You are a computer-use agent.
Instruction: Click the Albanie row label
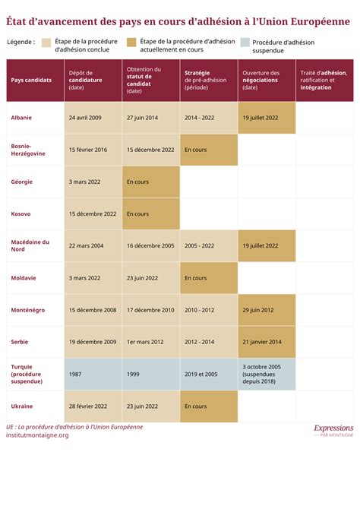[x=21, y=118]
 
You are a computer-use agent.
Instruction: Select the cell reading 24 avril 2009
[x=93, y=118]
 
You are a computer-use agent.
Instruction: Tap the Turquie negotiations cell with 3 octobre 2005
[x=267, y=374]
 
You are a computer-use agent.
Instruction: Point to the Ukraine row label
[x=22, y=406]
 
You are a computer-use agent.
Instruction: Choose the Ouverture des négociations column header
[x=267, y=81]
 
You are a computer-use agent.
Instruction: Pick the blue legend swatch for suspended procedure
[x=245, y=43]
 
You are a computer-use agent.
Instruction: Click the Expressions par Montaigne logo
[x=333, y=431]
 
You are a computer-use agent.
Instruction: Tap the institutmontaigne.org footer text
[x=37, y=435]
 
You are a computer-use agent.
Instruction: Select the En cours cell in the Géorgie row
[x=151, y=182]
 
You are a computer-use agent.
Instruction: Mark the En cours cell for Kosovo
[x=151, y=214]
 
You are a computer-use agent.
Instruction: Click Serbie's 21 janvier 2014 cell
[x=267, y=342]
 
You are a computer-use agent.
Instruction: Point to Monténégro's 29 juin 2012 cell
[x=267, y=310]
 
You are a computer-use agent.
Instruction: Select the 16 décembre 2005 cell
[x=151, y=245]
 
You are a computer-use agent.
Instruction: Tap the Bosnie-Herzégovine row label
[x=28, y=150]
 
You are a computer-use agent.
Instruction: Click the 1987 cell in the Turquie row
[x=93, y=374]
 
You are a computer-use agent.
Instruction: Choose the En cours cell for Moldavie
[x=209, y=278]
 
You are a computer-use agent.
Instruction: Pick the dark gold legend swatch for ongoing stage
[x=131, y=43]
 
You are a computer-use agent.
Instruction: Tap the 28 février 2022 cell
[x=93, y=406]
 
